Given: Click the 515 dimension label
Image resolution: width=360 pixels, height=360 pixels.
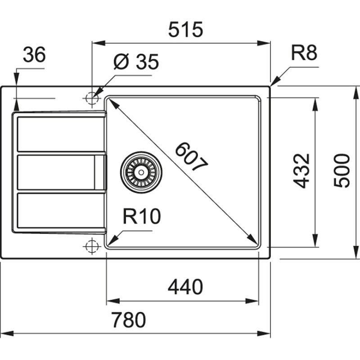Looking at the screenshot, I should (x=186, y=30).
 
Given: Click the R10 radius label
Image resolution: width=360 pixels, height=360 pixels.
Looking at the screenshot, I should (x=141, y=217).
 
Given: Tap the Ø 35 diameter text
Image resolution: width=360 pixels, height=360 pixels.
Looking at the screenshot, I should (x=136, y=62).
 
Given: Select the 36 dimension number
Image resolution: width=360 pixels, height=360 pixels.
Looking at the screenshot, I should (x=34, y=55).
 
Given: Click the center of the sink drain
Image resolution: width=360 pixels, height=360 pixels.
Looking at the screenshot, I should (x=141, y=171).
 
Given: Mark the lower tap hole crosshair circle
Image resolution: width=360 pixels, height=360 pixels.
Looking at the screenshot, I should (x=91, y=246).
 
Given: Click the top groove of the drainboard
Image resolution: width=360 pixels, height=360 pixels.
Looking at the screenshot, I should (x=61, y=134).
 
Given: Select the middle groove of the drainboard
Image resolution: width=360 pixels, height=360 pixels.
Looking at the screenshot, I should (x=56, y=172).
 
